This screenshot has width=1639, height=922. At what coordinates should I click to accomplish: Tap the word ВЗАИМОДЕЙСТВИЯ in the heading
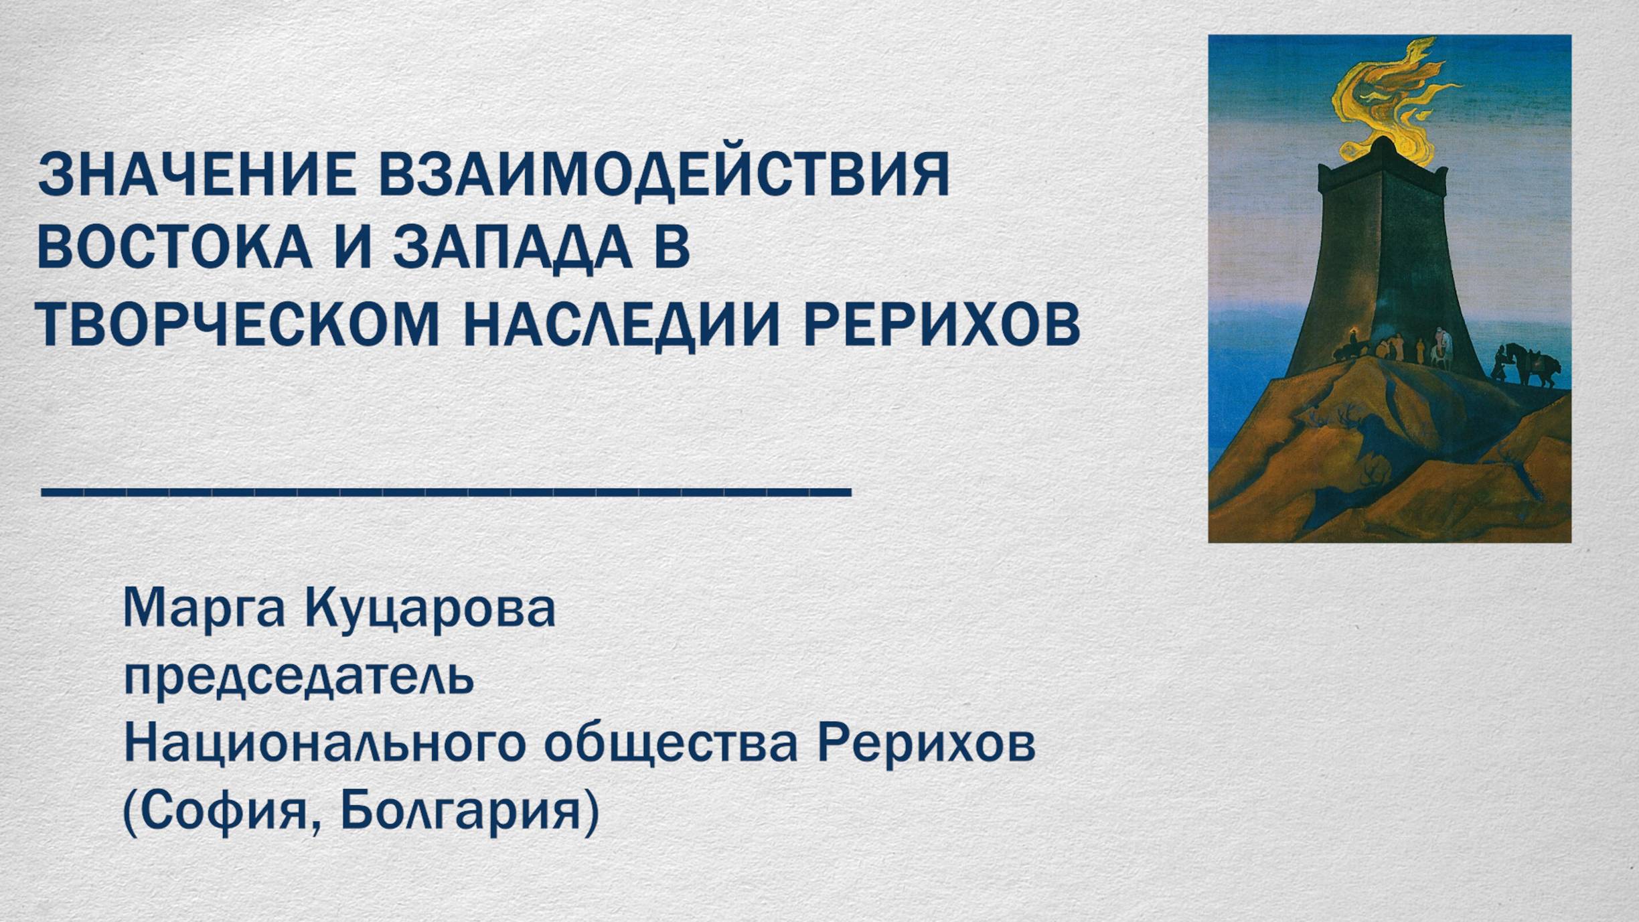click(x=663, y=175)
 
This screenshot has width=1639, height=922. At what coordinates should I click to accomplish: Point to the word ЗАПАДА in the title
click(x=512, y=248)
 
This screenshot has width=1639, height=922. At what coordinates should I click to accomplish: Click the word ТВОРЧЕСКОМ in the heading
click(x=238, y=325)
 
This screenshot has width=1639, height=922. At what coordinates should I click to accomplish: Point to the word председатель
click(x=299, y=678)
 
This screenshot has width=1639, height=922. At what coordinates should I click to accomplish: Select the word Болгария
click(x=462, y=812)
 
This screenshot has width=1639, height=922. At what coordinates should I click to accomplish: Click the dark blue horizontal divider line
click(x=446, y=492)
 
